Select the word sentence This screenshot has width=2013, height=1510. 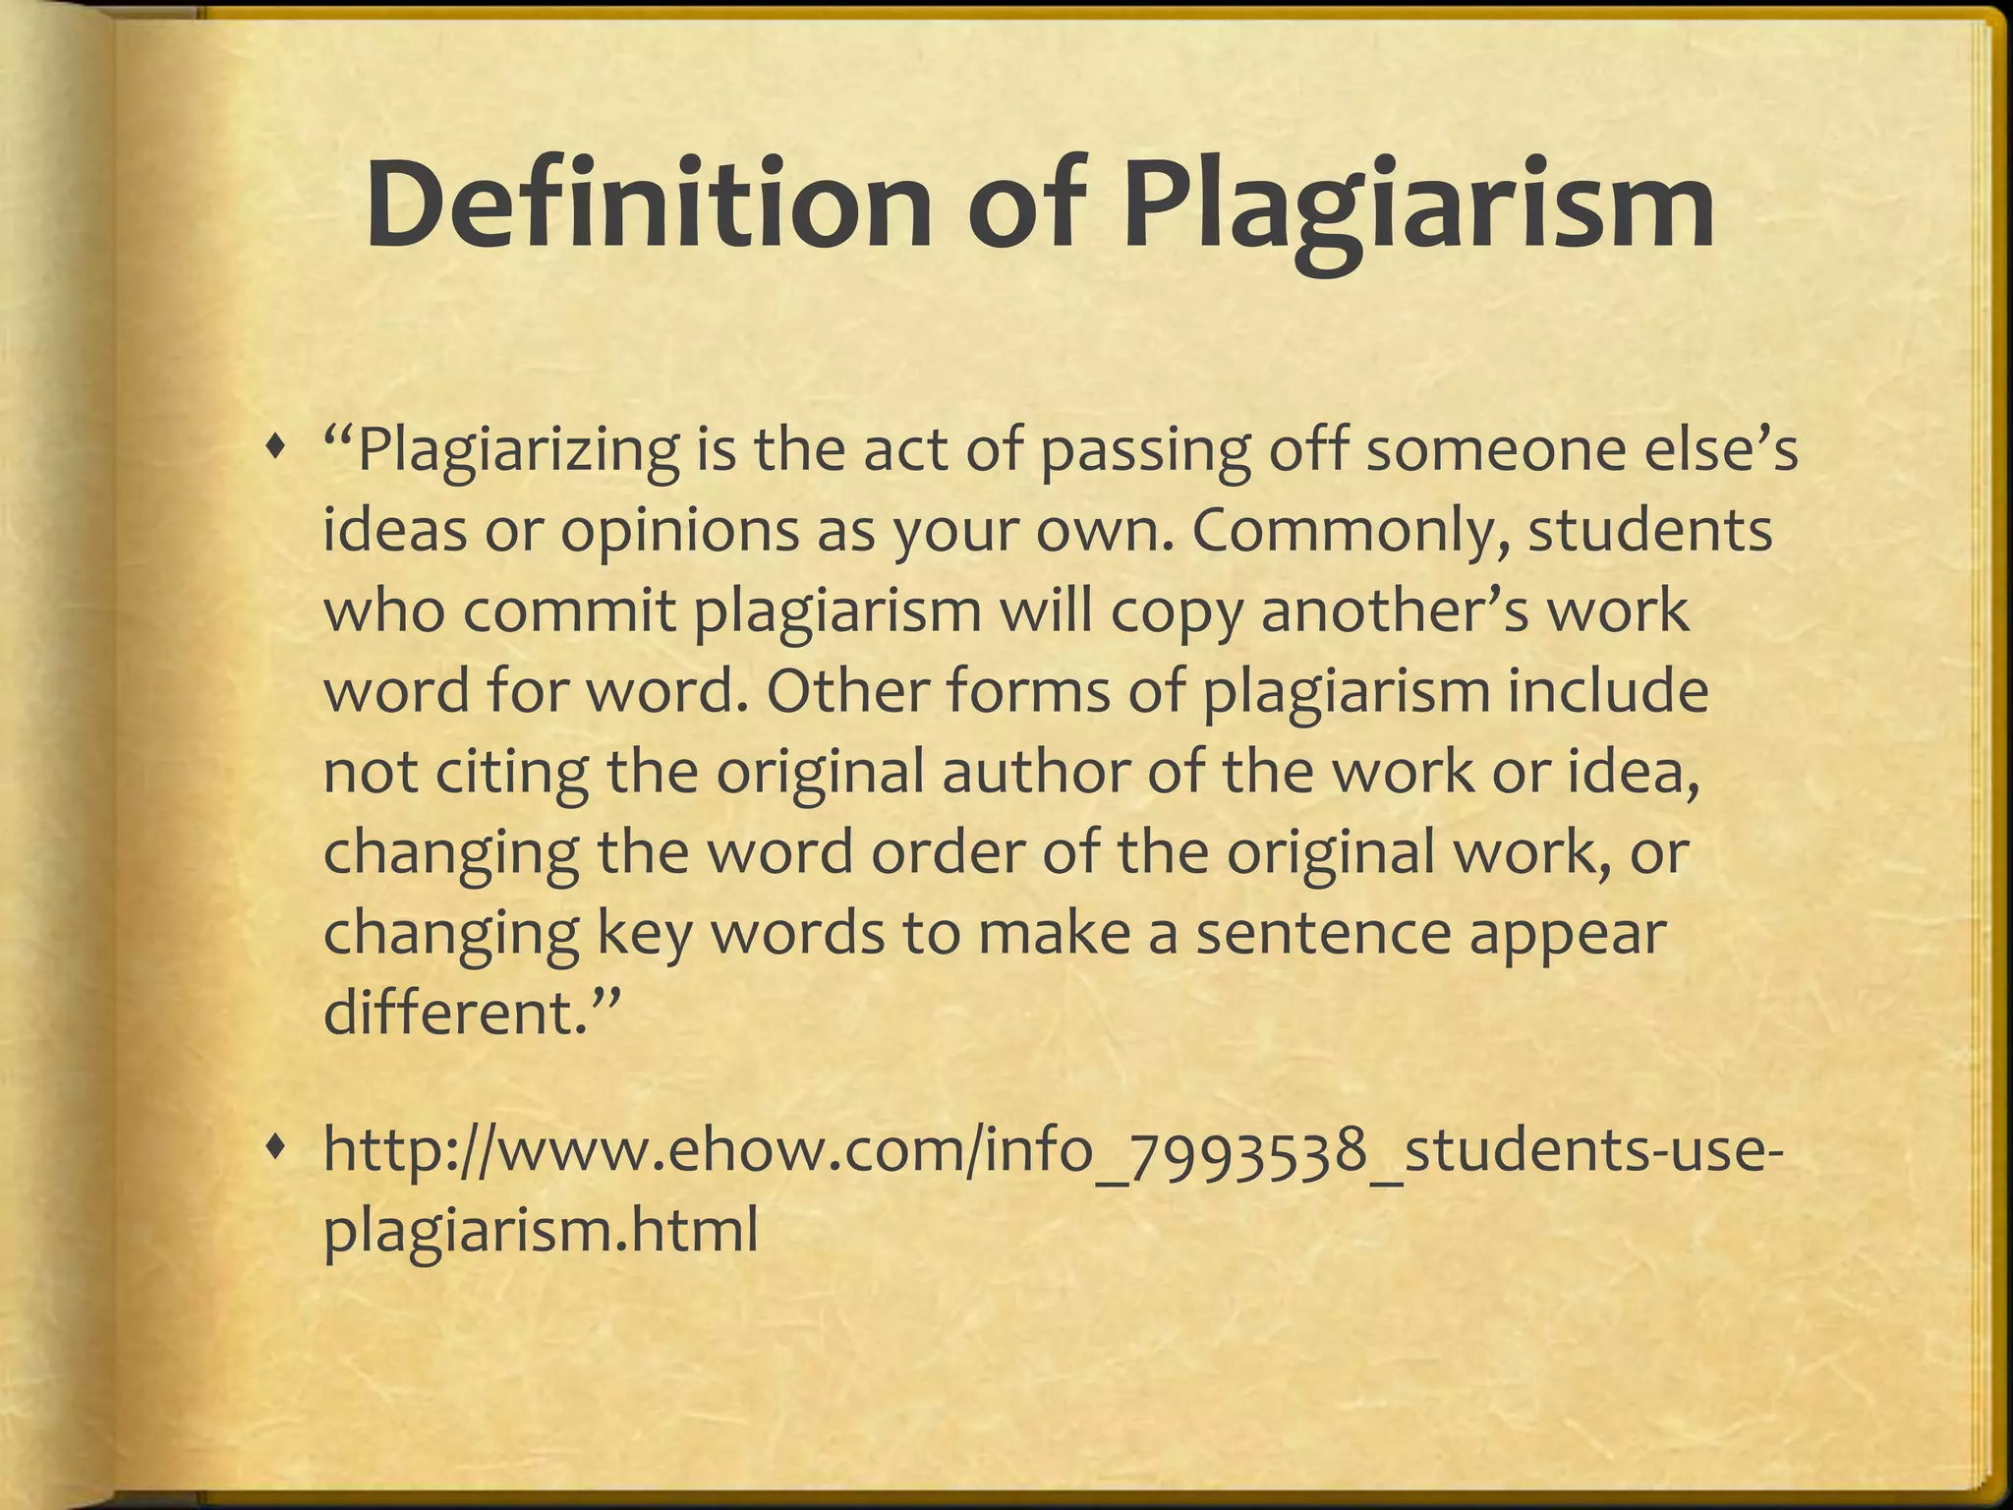pos(1322,932)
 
